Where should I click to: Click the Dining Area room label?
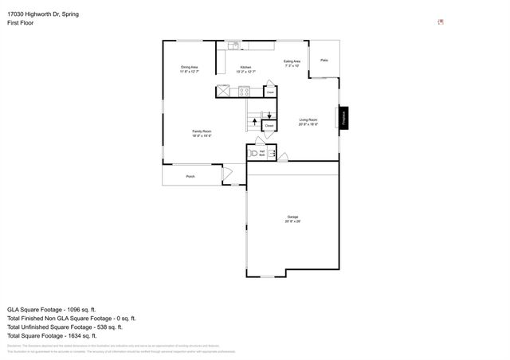(x=189, y=67)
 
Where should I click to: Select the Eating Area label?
(x=292, y=61)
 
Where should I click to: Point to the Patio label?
(x=324, y=61)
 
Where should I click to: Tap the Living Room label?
(x=308, y=122)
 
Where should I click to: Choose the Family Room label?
(x=201, y=132)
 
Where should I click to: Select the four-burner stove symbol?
(x=245, y=92)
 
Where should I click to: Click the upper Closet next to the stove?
(x=270, y=92)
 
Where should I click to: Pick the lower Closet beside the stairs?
(x=269, y=126)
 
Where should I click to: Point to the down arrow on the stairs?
(x=269, y=115)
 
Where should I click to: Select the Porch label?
(x=190, y=176)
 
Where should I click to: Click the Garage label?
(x=292, y=217)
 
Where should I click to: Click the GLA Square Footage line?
(x=51, y=309)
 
